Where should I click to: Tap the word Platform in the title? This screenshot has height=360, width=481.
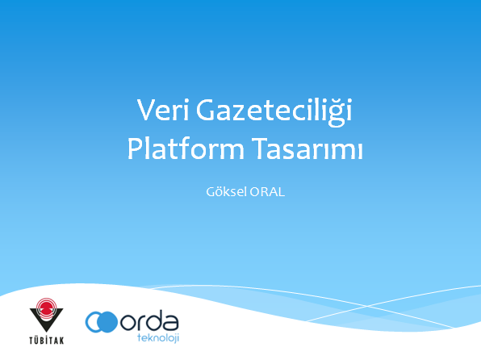click(x=175, y=150)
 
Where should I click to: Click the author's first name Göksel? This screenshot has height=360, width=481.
click(x=224, y=194)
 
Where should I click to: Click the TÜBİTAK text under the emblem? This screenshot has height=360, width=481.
click(x=45, y=340)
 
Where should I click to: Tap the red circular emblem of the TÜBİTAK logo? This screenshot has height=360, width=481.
click(x=45, y=311)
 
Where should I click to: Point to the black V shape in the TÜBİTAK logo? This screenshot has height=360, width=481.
click(x=45, y=318)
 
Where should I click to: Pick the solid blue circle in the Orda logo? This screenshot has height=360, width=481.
click(x=109, y=323)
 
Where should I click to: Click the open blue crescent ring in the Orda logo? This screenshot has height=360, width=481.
click(x=95, y=323)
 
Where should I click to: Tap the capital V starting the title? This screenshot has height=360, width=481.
click(x=145, y=111)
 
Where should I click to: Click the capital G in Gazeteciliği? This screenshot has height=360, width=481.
click(x=206, y=111)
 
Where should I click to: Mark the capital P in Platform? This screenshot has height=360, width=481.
click(x=135, y=150)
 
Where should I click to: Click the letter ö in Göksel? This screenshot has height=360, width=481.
click(x=216, y=194)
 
